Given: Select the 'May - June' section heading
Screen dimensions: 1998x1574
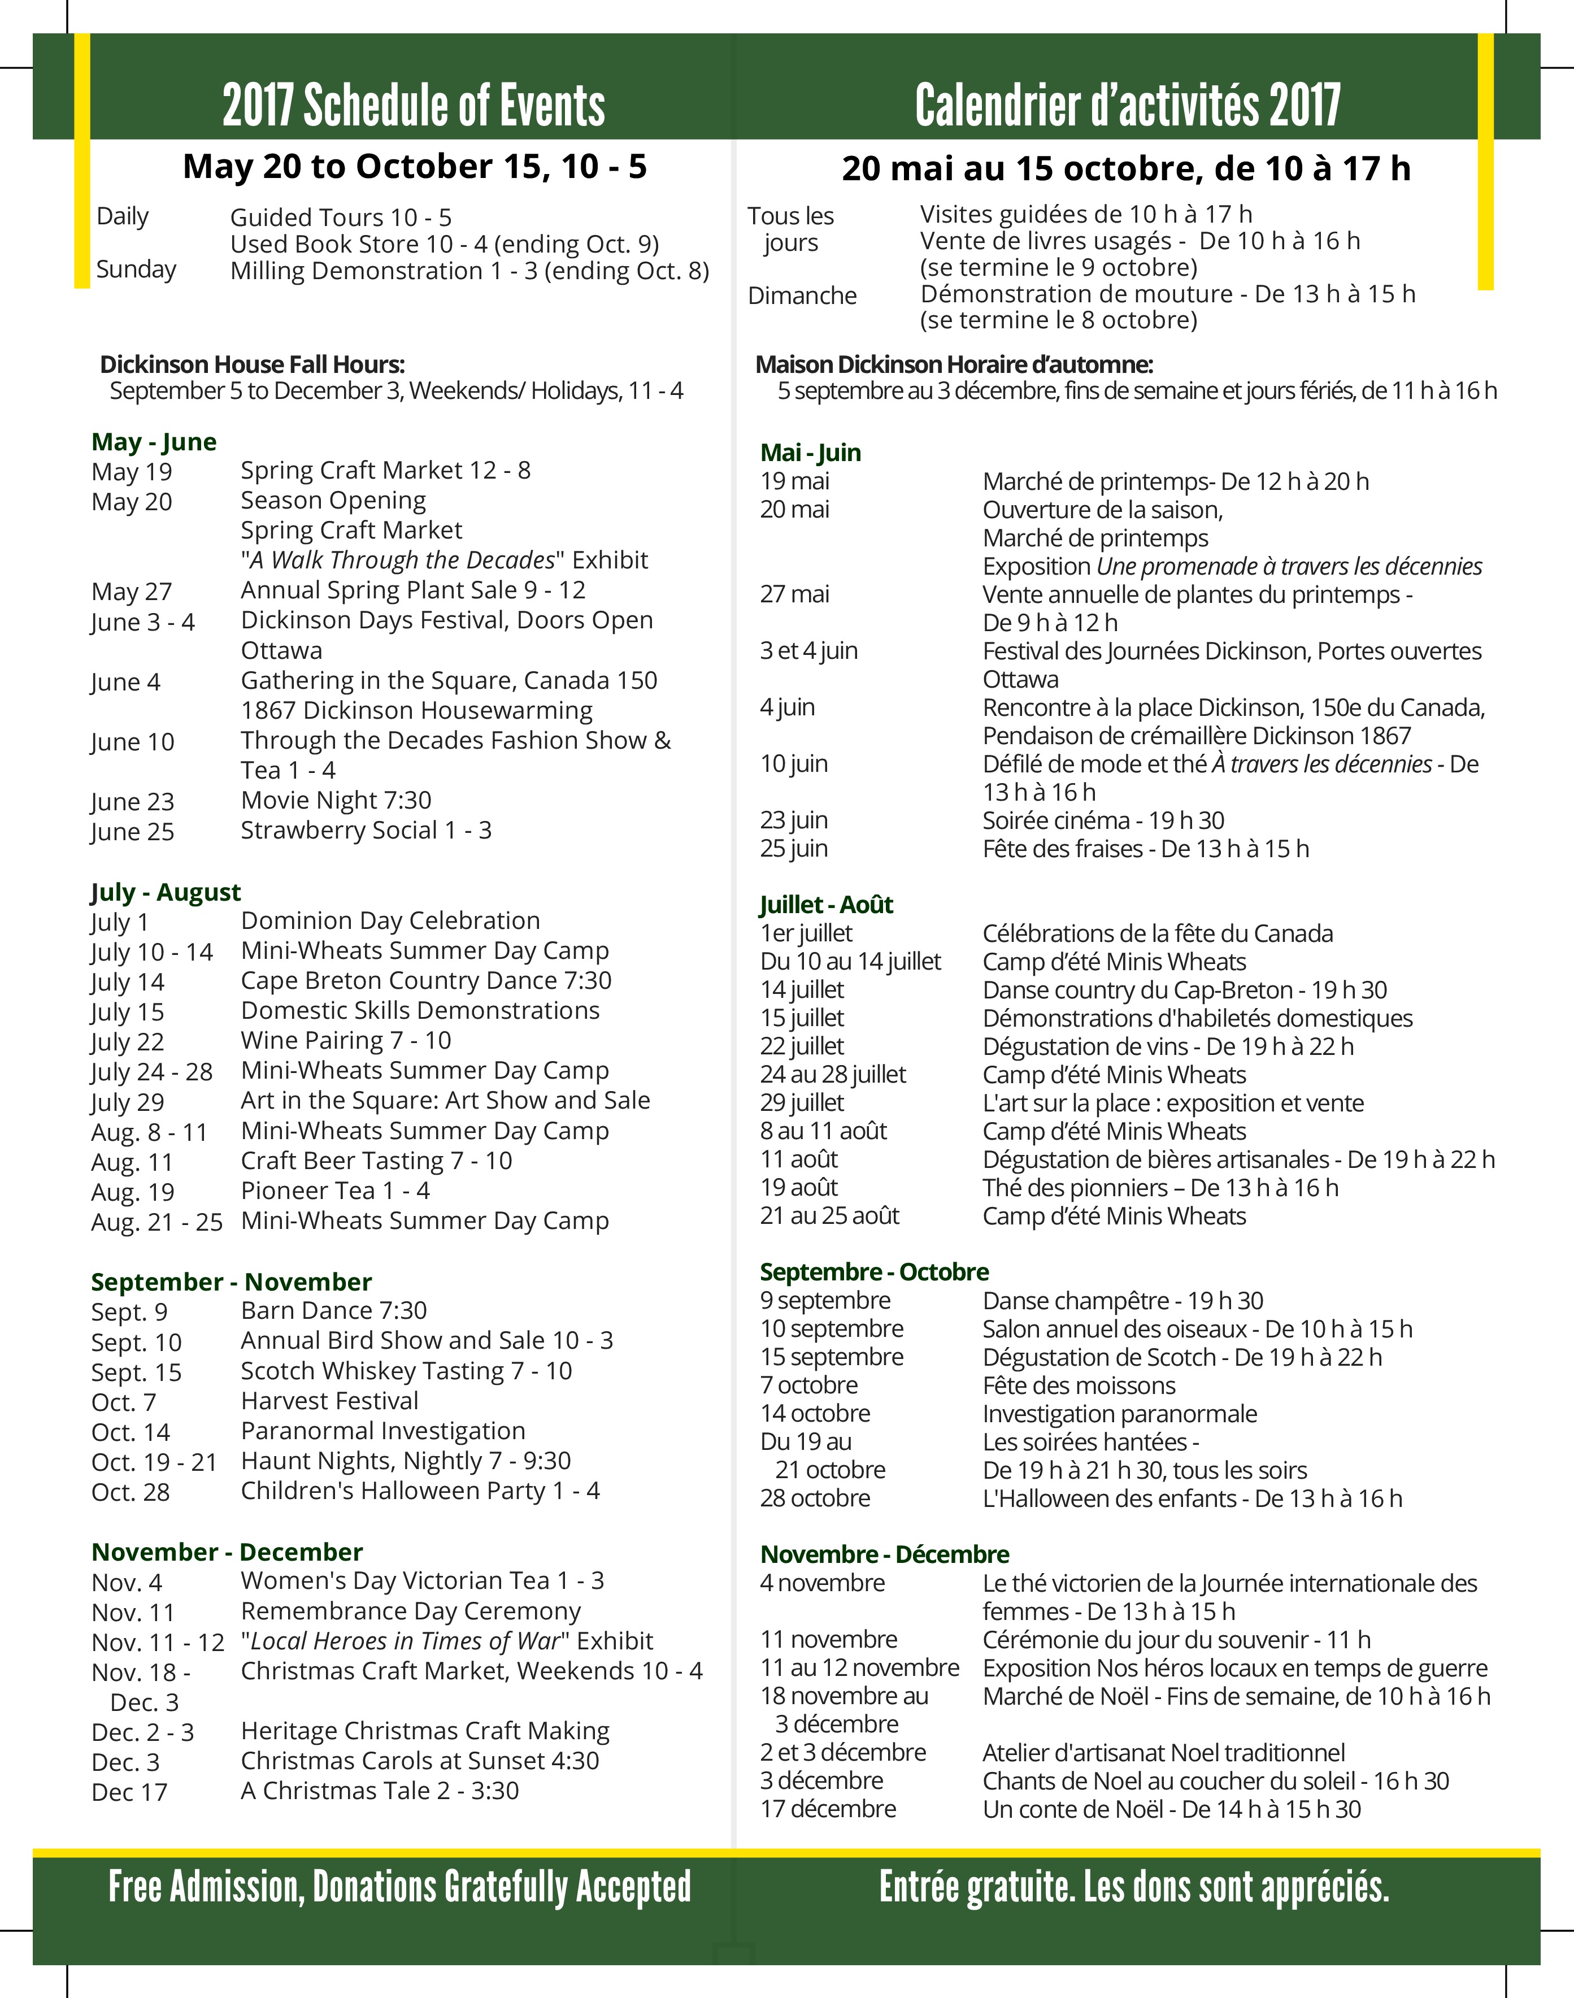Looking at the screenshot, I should point(154,442).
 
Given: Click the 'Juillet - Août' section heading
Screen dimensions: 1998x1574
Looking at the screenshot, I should point(826,905).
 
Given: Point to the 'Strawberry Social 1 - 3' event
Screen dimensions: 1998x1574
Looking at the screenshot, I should point(366,831).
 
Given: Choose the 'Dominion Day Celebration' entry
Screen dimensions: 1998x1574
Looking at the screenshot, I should point(390,920).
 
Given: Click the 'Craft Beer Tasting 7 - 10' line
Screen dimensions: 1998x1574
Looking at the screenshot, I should point(376,1161).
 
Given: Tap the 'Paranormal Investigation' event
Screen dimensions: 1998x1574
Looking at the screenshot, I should point(382,1431).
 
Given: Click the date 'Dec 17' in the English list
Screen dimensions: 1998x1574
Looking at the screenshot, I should point(129,1792).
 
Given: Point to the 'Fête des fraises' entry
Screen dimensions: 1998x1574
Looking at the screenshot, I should point(1145,849).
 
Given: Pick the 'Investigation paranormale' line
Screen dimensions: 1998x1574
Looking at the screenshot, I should point(1119,1414).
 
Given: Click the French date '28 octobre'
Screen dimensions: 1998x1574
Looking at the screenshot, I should point(815,1498).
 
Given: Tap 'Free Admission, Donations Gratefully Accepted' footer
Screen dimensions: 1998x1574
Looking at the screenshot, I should point(399,1887).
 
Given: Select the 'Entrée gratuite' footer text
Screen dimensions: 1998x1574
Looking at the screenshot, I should point(1133,1887).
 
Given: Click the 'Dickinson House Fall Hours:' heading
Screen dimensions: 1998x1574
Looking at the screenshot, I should point(253,365).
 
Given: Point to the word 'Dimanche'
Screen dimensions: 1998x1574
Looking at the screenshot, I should point(802,296).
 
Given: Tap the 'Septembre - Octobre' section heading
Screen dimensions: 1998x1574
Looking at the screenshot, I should point(873,1272).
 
